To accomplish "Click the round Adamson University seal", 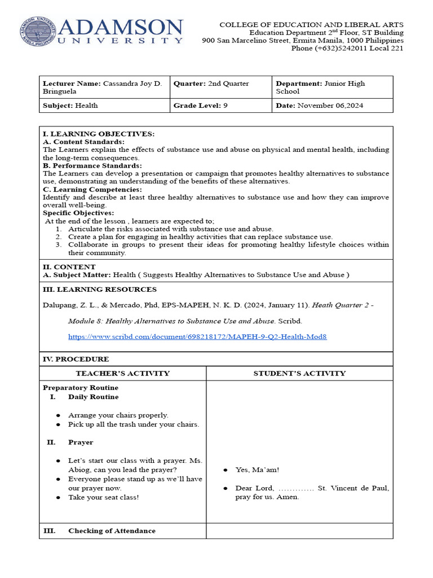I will click(37, 32).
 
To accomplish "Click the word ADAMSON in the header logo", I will click(121, 27).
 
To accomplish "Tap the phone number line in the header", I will click(347, 48).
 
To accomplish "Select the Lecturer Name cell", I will click(104, 87).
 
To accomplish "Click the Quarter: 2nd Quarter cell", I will click(220, 87).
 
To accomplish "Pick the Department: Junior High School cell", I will click(332, 87).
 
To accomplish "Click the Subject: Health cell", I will click(104, 106).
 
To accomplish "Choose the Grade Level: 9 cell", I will click(220, 106).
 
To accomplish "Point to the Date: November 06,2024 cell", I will click(332, 106).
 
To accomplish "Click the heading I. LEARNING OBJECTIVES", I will click(99, 134).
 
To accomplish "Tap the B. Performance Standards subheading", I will click(92, 165).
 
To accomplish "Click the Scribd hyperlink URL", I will click(197, 336).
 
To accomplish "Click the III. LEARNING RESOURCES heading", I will click(100, 290).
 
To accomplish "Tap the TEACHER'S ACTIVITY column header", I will click(122, 373).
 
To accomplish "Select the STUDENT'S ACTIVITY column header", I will click(299, 373).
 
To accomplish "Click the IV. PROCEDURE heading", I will click(76, 359).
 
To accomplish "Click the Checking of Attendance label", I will click(112, 531).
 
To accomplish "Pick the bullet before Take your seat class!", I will click(58, 497).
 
